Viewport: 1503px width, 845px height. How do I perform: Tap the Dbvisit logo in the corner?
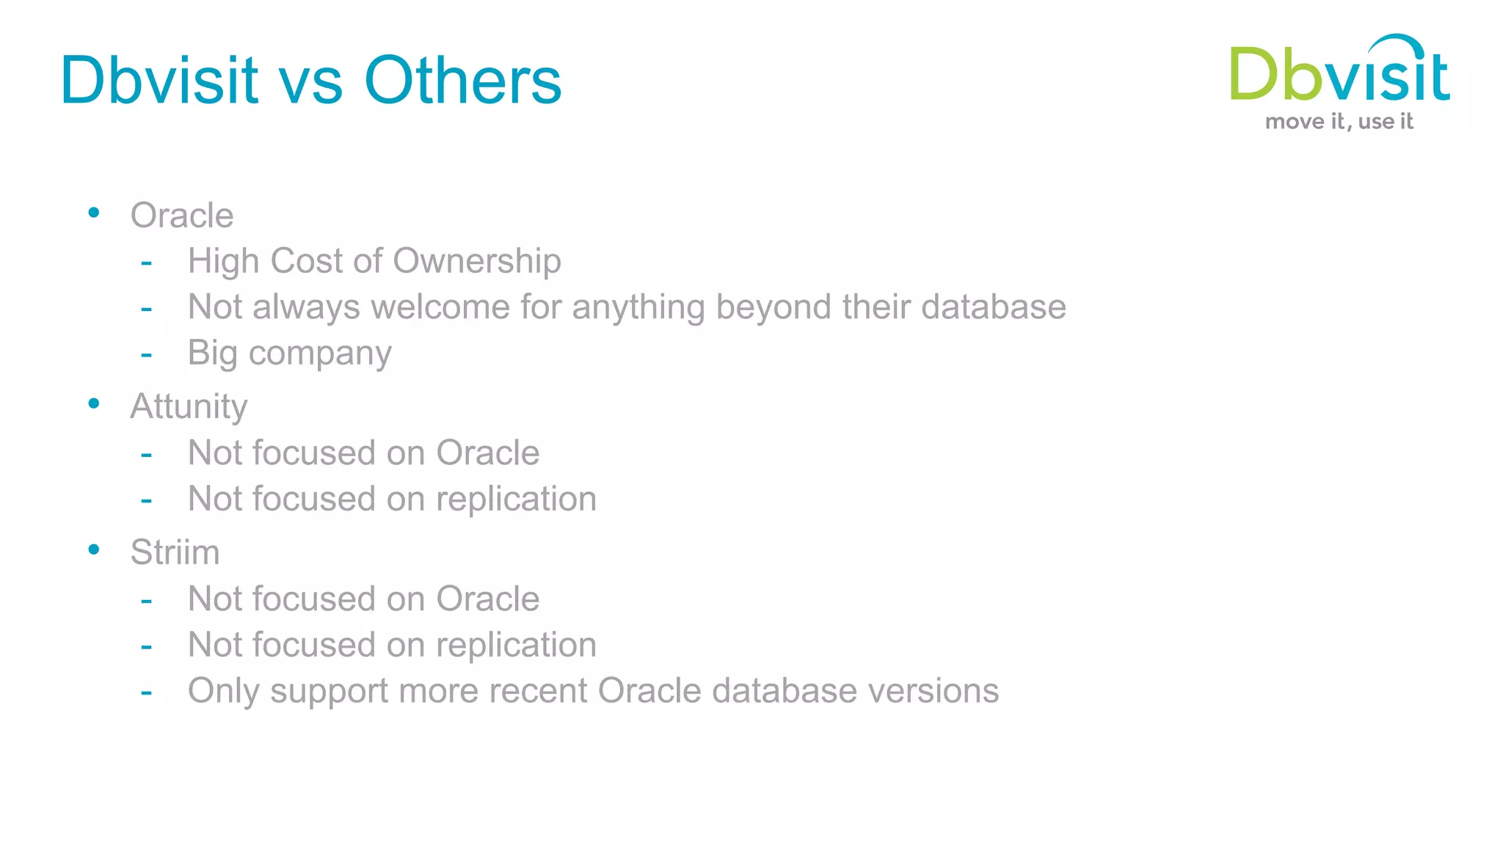(x=1339, y=70)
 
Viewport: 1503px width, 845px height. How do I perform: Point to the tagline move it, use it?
(x=1339, y=122)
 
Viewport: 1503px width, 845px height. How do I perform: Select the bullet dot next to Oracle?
(x=93, y=213)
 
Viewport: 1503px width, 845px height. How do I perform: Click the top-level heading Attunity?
(x=189, y=406)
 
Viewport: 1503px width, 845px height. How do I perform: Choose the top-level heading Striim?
(x=175, y=552)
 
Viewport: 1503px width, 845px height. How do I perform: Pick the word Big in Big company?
(x=212, y=354)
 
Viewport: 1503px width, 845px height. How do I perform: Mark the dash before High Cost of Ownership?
(x=147, y=262)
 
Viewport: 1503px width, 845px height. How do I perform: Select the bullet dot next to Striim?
(x=93, y=549)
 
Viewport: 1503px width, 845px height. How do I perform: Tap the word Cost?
(x=306, y=261)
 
